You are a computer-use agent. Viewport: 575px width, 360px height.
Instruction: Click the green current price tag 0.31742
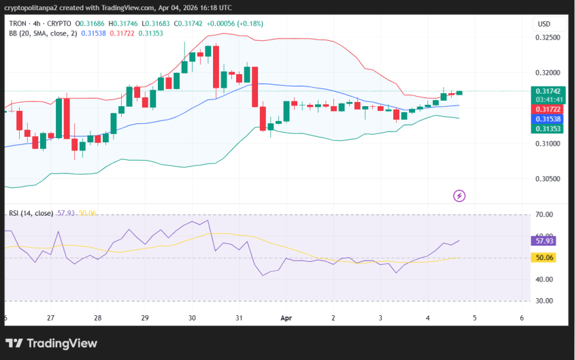[547, 91]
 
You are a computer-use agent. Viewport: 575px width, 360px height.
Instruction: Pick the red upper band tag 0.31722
[547, 109]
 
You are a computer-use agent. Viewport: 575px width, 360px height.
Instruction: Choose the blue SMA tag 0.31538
[547, 118]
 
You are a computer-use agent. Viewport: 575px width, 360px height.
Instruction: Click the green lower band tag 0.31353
[547, 128]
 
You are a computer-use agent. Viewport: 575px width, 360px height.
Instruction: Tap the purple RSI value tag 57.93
[544, 241]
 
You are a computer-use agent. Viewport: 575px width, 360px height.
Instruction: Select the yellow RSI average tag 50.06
[544, 258]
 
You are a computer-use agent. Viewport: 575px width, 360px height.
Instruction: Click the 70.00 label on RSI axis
[544, 215]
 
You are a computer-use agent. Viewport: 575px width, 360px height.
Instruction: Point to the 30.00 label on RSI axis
[544, 301]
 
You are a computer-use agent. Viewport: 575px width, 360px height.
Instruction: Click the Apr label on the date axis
[286, 318]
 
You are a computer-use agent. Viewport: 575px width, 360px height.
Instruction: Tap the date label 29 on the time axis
[145, 318]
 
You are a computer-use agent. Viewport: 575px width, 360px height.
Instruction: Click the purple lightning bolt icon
[459, 196]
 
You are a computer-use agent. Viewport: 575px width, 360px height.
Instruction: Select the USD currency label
[544, 24]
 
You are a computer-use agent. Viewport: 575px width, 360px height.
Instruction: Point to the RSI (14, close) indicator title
[31, 213]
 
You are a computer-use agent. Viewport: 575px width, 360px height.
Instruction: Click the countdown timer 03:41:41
[547, 100]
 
